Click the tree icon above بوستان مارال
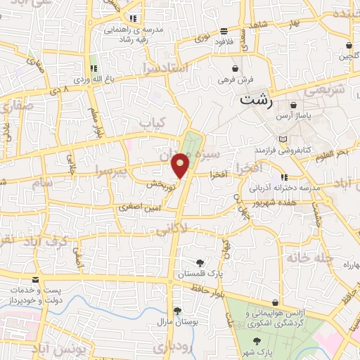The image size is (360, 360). pyautogui.click(x=176, y=311)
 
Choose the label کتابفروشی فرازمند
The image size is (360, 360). pyautogui.click(x=283, y=150)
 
